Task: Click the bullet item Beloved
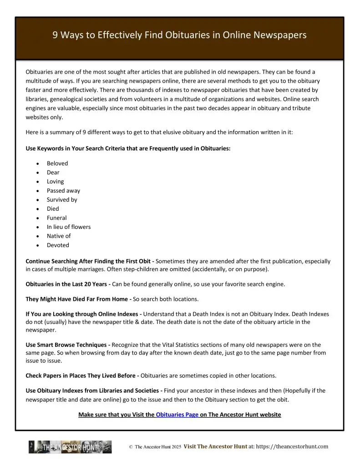click(57, 163)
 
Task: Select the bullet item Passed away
click(63, 191)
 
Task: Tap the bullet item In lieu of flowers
click(68, 227)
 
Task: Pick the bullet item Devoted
click(58, 245)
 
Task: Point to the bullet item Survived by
click(62, 200)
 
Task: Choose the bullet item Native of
click(59, 236)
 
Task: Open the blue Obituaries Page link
click(177, 415)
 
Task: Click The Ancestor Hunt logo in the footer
click(70, 447)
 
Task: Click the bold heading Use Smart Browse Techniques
click(66, 344)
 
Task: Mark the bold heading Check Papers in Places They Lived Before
click(81, 375)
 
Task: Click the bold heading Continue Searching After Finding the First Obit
click(90, 261)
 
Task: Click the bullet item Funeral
click(56, 218)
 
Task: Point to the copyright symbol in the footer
click(131, 447)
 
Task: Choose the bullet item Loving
click(55, 182)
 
